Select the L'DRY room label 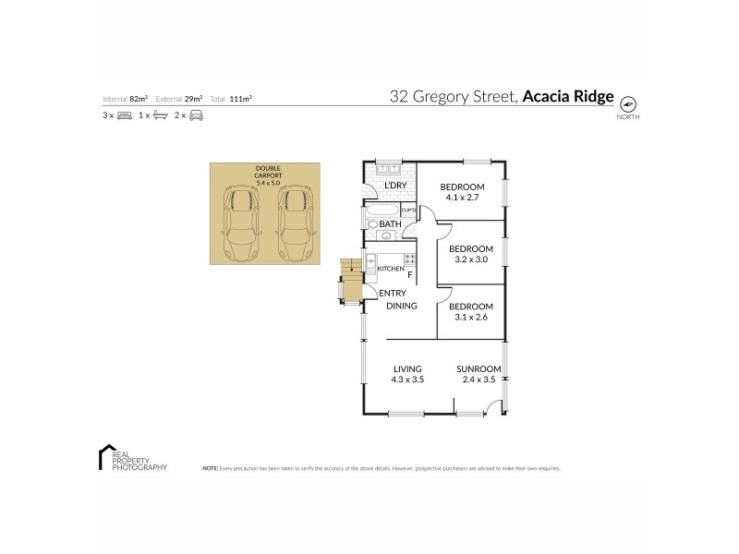pos(395,187)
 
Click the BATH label pos(390,224)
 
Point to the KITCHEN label pos(392,269)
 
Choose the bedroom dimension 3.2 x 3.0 pos(471,260)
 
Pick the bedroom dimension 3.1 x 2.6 pos(471,318)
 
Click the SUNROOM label pos(479,369)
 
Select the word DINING pos(402,306)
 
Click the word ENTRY pos(393,294)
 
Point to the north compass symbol pos(630,104)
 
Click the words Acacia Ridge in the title pos(568,95)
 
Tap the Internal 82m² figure pos(127,98)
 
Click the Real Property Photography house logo pos(104,458)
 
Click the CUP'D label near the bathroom pos(409,211)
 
